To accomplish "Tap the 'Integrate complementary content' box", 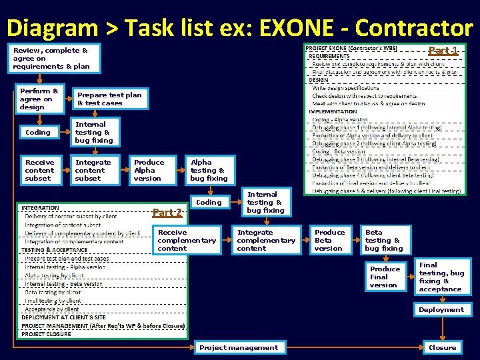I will tap(266, 241).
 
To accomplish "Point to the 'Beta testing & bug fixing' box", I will tap(385, 241).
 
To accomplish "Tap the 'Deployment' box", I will tap(441, 309).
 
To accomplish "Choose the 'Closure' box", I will tap(442, 347).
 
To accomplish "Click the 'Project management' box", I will tap(239, 347).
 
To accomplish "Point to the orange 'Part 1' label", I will tap(443, 51).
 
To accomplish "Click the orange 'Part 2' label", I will tap(167, 213).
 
